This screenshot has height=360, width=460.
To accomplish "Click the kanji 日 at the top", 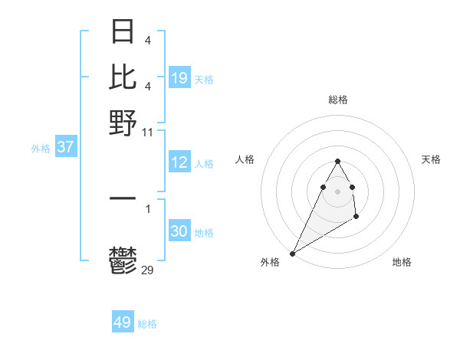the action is [x=123, y=32].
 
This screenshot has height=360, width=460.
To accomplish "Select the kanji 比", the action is [x=123, y=77].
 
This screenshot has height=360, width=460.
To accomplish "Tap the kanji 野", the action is [x=123, y=122].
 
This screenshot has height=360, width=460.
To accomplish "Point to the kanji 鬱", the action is [x=123, y=260].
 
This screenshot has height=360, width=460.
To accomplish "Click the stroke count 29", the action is [x=148, y=270].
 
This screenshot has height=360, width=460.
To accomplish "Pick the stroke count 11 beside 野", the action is [x=148, y=132].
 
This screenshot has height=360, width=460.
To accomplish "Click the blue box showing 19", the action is [x=179, y=77].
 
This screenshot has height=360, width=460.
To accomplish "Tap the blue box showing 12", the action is [x=179, y=162].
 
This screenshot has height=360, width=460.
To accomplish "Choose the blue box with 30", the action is [x=179, y=231].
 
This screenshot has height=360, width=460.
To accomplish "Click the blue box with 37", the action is [x=65, y=147].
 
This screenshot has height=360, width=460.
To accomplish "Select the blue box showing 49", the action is [x=123, y=322].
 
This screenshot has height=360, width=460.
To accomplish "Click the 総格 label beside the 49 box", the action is [x=147, y=324].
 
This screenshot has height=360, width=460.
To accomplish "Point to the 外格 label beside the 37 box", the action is [x=41, y=149].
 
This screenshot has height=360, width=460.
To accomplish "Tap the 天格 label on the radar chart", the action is [x=431, y=159].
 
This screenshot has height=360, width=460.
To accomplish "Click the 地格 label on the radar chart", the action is [x=402, y=263].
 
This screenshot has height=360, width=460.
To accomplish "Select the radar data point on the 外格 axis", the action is [x=292, y=253].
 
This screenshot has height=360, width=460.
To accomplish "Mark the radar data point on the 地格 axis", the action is [x=356, y=218].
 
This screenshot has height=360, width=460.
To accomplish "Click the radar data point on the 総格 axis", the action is [x=338, y=161].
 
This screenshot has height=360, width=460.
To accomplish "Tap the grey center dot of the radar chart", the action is [x=338, y=191].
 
